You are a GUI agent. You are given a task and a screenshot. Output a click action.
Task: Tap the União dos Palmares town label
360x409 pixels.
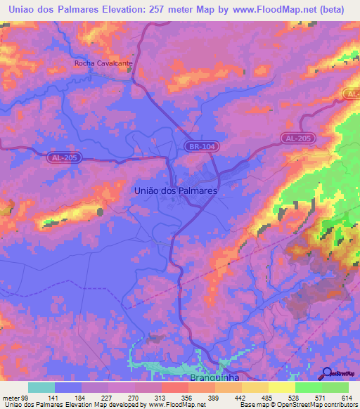[x=175, y=190]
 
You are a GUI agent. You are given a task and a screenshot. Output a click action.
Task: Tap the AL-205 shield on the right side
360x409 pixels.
[x=296, y=138]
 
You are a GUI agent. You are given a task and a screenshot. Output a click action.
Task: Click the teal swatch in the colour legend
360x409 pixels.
[x=41, y=387]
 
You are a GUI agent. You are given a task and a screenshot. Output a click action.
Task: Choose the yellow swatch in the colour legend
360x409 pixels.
[x=281, y=387]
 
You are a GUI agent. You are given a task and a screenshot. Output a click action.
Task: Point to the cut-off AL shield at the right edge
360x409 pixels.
[x=353, y=93]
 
